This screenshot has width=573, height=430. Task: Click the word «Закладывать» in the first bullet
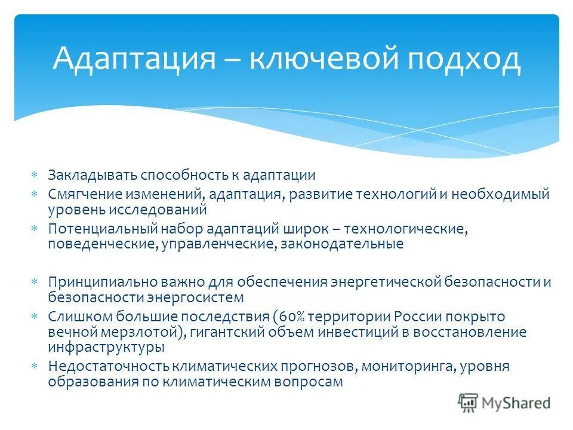(93, 176)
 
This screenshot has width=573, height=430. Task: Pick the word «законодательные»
(339, 244)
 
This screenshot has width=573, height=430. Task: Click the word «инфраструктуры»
(106, 346)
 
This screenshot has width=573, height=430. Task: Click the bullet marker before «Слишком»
(35, 317)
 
